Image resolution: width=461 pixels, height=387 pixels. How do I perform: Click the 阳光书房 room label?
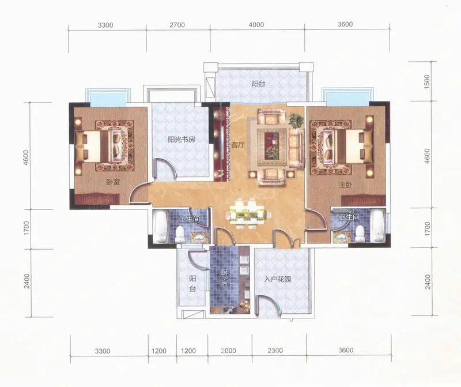click(x=182, y=139)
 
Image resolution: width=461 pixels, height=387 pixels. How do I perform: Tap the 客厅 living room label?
click(x=237, y=145)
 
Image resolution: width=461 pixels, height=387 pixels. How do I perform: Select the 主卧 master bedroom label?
click(x=345, y=185)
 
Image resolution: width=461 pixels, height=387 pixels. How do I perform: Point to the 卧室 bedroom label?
click(x=113, y=182)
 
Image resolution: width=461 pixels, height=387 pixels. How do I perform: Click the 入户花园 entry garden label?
click(x=277, y=279)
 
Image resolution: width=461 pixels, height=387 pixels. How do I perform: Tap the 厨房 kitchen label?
click(x=224, y=278)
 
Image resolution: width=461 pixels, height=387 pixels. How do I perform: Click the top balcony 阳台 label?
click(x=258, y=84)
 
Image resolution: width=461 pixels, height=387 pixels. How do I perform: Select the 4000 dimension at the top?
click(x=256, y=25)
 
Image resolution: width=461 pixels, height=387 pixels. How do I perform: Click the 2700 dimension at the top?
click(x=177, y=25)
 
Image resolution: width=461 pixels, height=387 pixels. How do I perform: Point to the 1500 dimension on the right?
click(x=427, y=81)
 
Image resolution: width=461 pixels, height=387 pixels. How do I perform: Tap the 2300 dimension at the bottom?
click(x=275, y=351)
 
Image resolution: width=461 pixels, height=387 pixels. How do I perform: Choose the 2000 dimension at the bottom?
click(x=228, y=351)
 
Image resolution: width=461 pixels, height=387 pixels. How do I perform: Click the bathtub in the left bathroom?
click(x=161, y=227)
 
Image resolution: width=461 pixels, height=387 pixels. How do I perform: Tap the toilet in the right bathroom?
click(x=358, y=234)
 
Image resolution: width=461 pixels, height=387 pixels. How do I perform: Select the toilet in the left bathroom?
click(x=179, y=235)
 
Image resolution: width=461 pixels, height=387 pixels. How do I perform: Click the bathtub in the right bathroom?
click(x=377, y=226)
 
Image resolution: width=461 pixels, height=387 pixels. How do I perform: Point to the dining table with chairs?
click(x=247, y=214)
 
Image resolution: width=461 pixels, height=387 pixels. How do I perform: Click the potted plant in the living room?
click(x=296, y=121)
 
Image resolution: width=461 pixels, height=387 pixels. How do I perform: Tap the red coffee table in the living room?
click(x=272, y=144)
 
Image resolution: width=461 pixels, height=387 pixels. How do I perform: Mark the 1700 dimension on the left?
click(x=27, y=228)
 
